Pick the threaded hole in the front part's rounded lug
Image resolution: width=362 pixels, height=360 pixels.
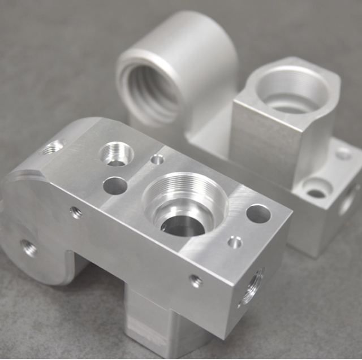29,248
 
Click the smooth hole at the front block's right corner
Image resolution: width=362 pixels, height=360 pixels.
258,213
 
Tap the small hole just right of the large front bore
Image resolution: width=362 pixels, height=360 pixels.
234,242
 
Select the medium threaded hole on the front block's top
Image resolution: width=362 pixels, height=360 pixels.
118,154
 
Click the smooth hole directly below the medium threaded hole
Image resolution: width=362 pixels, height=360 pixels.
115,185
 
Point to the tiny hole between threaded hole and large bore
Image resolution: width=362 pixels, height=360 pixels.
157,160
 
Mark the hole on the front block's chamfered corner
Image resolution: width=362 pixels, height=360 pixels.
53,148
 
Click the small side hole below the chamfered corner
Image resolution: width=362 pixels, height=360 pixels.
75,212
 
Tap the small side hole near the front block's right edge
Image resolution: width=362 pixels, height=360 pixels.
196,280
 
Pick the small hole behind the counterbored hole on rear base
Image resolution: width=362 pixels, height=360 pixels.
343,153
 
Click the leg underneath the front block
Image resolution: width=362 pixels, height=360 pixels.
153,322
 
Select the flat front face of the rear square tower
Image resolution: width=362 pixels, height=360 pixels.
260,144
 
